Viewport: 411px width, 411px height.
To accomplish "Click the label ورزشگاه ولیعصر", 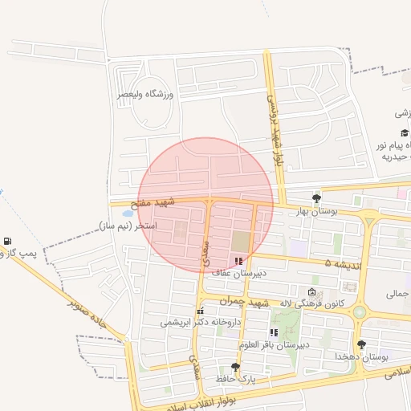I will click(x=145, y=94).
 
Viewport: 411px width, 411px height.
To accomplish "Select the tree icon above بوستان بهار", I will click(x=317, y=197).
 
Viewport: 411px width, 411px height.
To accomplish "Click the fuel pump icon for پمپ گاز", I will click(x=8, y=241).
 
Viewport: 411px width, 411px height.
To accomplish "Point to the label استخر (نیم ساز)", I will click(x=127, y=226).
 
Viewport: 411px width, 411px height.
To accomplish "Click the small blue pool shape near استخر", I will click(x=127, y=214).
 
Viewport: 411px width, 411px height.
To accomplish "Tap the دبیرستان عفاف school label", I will click(x=238, y=273).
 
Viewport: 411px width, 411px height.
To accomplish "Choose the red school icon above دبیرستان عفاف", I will click(x=238, y=261).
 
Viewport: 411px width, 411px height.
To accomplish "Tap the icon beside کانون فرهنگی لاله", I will click(x=312, y=291).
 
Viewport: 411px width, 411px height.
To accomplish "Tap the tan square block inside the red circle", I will click(x=241, y=241).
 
